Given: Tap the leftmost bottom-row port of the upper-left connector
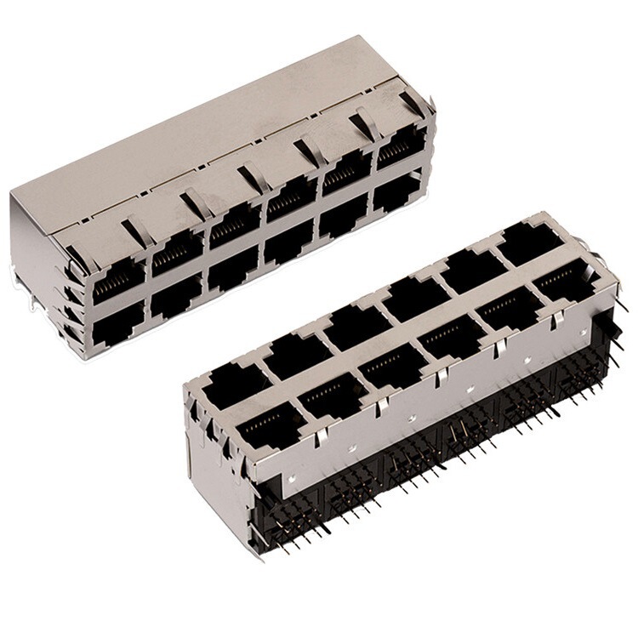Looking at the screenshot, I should tap(118, 328).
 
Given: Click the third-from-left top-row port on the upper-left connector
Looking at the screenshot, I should tap(231, 231).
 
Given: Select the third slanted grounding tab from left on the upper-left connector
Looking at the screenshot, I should tap(252, 179).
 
